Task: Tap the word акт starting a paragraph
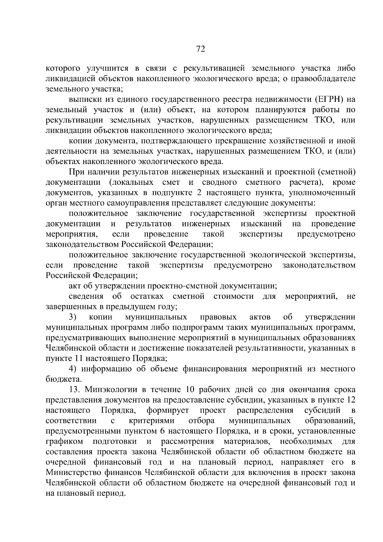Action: click(75, 286)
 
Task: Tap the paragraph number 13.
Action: click(75, 390)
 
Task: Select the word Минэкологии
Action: click(111, 390)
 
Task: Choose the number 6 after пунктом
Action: click(162, 431)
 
